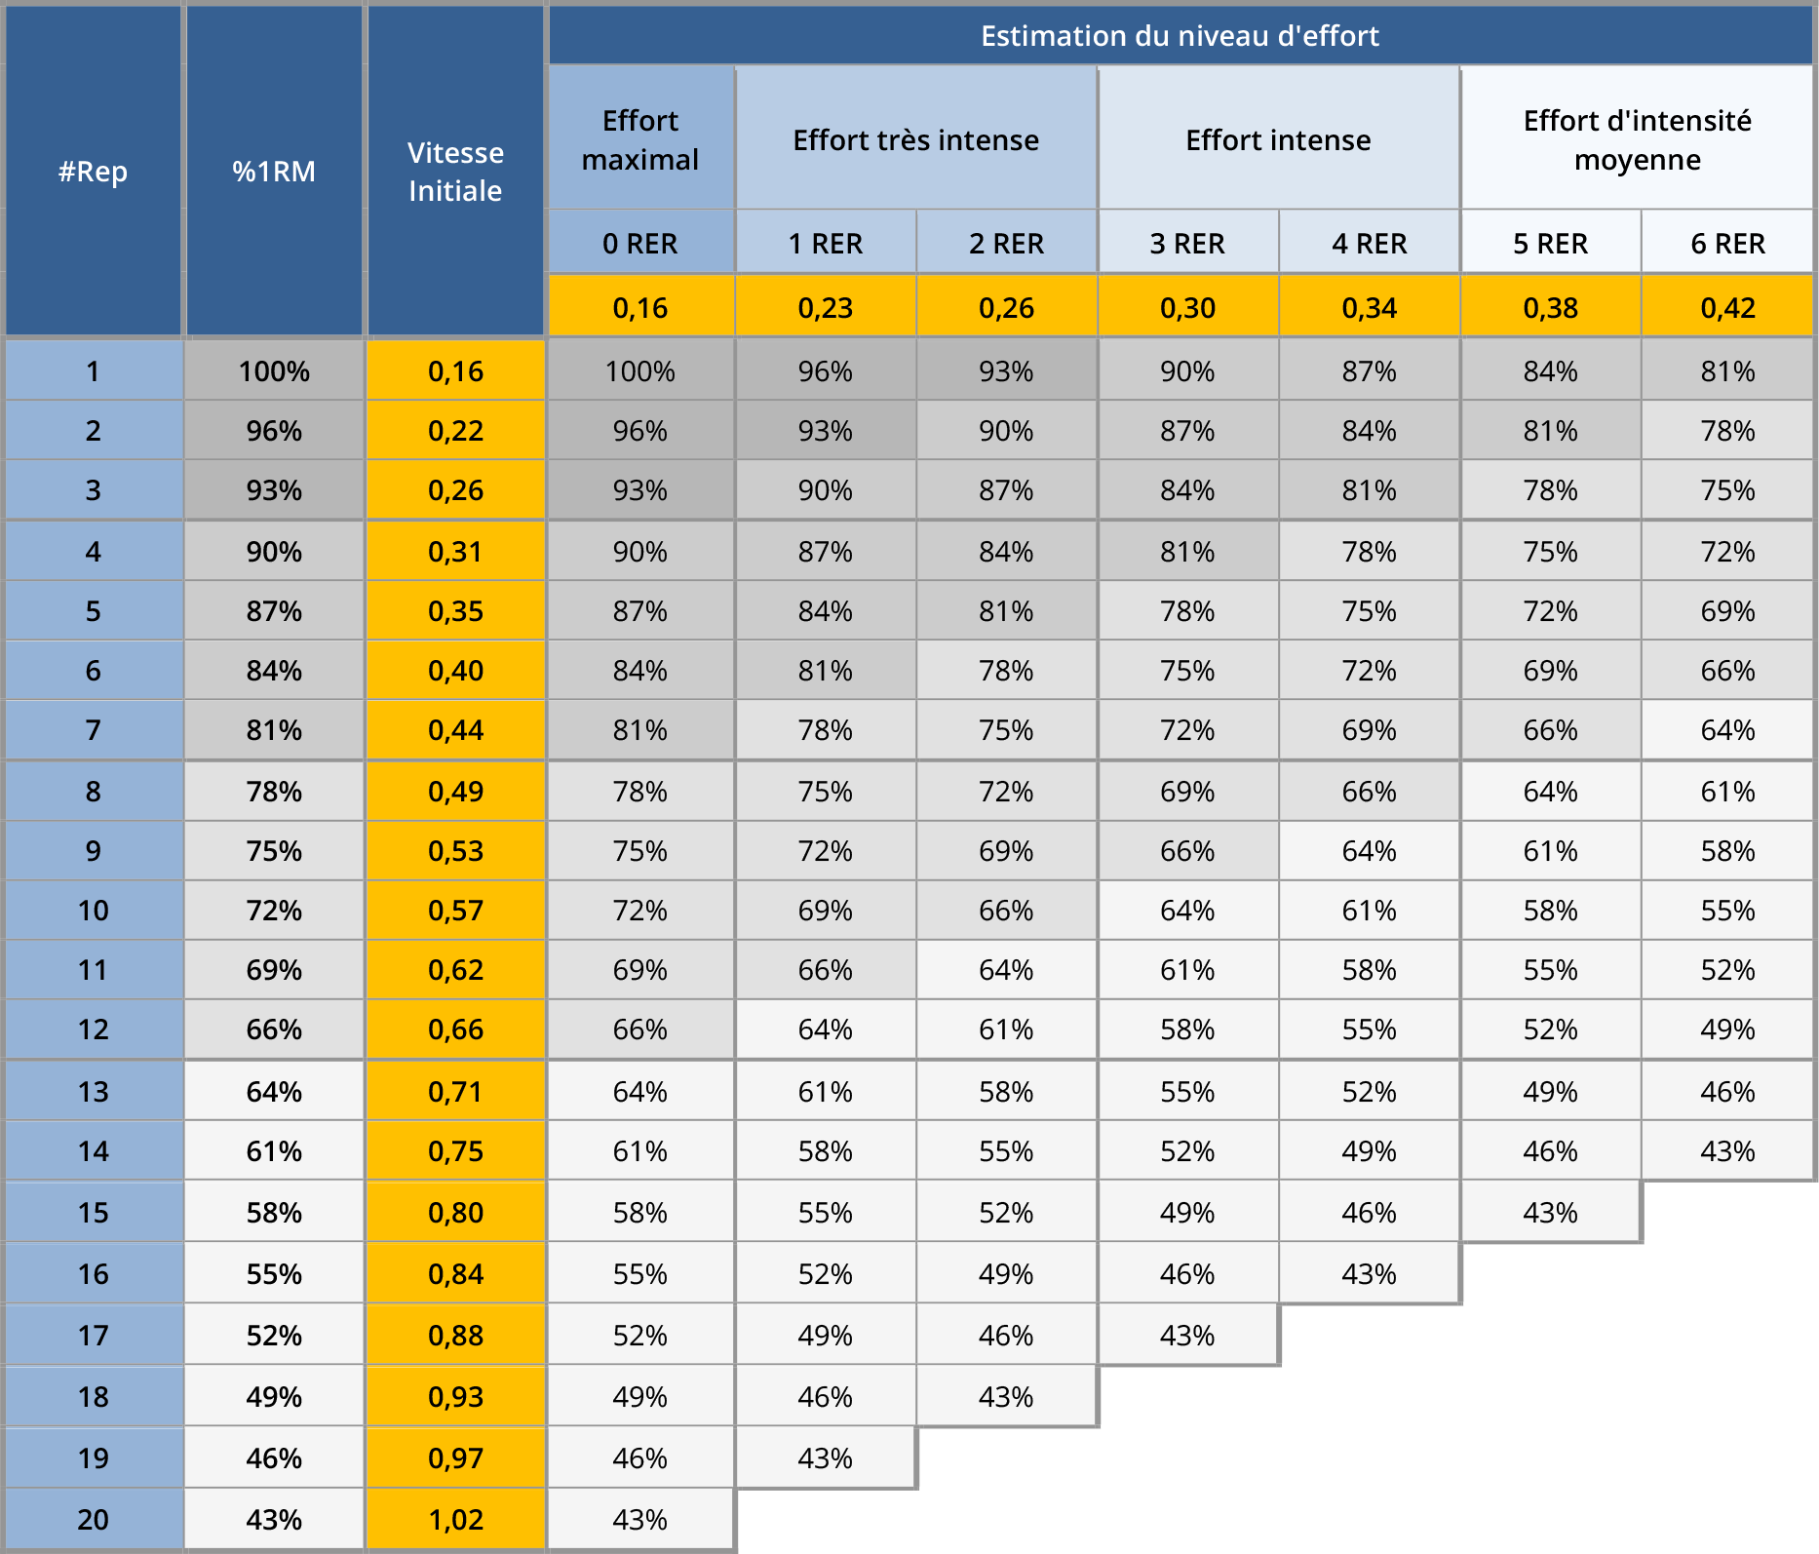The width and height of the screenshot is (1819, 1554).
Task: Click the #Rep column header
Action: [93, 172]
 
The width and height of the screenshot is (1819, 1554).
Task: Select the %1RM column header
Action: [274, 172]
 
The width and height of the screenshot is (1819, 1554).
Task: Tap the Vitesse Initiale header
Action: [455, 172]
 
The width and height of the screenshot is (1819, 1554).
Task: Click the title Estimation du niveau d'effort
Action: [1180, 36]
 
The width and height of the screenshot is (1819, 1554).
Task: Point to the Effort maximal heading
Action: [639, 139]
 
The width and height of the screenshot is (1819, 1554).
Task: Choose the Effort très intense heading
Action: [915, 139]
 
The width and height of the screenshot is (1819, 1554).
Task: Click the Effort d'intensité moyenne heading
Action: [1637, 139]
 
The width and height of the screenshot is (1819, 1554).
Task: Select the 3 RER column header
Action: [1187, 243]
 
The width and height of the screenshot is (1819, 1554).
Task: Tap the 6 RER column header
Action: [1727, 243]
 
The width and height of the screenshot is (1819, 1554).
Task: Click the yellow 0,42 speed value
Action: [1727, 308]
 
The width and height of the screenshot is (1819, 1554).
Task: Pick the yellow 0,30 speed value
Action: [1187, 308]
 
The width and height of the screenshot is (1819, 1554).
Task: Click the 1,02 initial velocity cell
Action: [455, 1519]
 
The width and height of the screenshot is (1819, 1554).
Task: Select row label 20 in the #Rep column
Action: [93, 1519]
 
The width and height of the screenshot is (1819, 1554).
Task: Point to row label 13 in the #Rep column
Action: [93, 1091]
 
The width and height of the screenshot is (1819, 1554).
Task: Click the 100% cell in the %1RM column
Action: [274, 371]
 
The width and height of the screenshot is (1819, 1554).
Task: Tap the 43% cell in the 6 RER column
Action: [1727, 1151]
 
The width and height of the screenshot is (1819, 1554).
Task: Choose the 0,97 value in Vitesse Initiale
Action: [455, 1458]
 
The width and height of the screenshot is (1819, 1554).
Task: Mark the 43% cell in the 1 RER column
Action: [825, 1458]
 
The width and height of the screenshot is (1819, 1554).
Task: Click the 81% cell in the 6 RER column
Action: [1727, 371]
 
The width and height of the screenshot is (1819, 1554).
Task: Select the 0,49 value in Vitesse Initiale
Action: [455, 792]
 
